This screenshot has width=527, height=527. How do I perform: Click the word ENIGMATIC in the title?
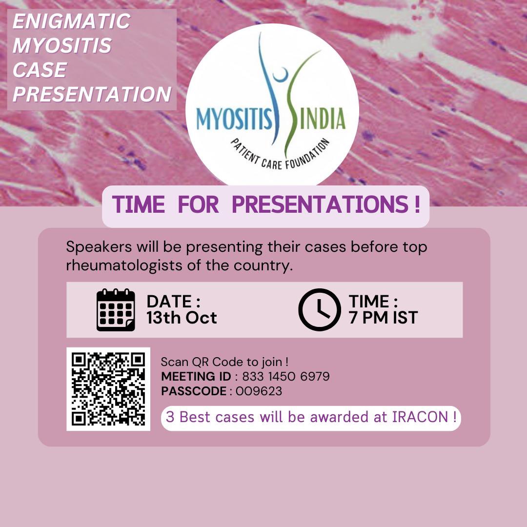pos(71,22)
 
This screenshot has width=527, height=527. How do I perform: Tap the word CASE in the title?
pos(40,70)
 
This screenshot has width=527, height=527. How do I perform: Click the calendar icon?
pos(116,310)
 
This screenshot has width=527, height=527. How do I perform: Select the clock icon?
pos(320,310)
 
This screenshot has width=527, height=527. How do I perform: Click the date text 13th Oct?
pos(182,318)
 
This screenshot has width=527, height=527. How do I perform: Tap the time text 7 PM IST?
pos(383,318)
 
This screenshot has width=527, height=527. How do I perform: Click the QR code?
pos(108,389)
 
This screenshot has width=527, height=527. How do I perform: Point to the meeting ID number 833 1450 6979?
pos(285,377)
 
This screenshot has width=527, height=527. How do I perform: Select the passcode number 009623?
pos(259,391)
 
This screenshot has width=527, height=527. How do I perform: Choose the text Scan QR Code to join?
pos(224,362)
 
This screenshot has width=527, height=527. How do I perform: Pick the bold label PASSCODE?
pos(194,391)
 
